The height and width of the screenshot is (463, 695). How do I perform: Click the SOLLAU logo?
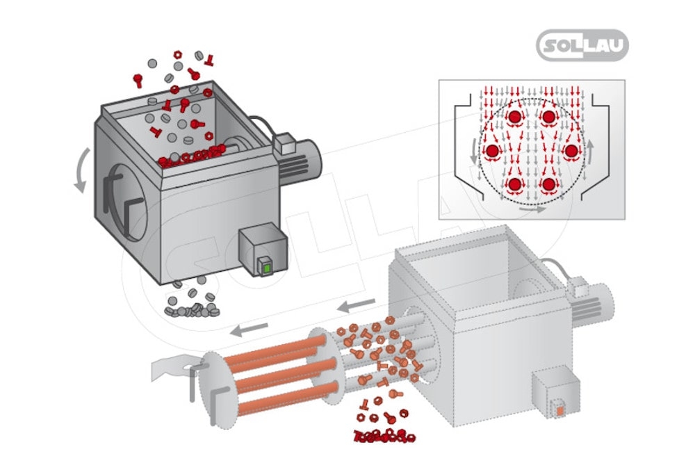[x=582, y=46]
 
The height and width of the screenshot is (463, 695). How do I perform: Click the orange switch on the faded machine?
[x=559, y=410]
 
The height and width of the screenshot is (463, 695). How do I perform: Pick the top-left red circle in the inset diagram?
[x=515, y=117]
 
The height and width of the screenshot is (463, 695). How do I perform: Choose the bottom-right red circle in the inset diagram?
[x=549, y=184]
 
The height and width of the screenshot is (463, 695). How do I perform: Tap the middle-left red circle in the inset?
[x=493, y=150]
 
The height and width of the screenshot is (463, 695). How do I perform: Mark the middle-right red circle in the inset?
[x=571, y=150]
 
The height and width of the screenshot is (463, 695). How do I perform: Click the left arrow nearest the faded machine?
[x=357, y=304]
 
